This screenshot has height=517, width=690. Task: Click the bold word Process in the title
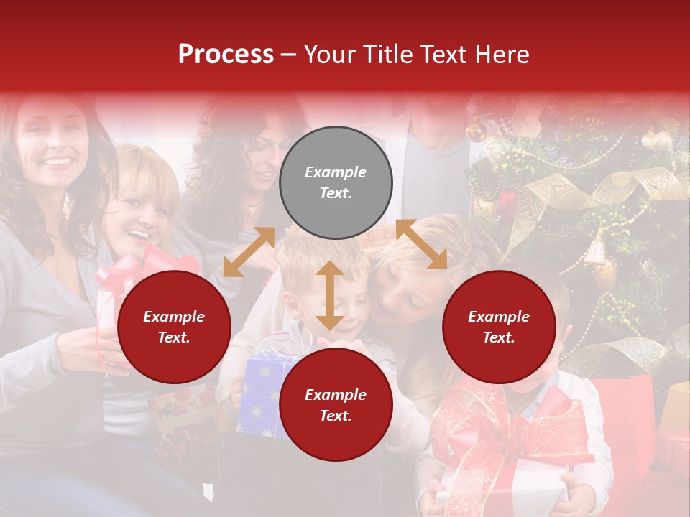(226, 55)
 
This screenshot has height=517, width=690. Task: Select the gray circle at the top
(336, 182)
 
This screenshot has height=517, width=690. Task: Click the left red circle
(174, 327)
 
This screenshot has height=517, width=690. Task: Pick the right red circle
(499, 327)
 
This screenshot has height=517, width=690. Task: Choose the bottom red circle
(336, 405)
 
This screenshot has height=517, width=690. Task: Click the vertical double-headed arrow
(330, 295)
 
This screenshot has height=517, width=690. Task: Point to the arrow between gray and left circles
(249, 252)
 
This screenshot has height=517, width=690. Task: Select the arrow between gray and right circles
(421, 244)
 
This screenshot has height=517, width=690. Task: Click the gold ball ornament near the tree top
(476, 131)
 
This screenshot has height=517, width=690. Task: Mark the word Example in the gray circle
(336, 172)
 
